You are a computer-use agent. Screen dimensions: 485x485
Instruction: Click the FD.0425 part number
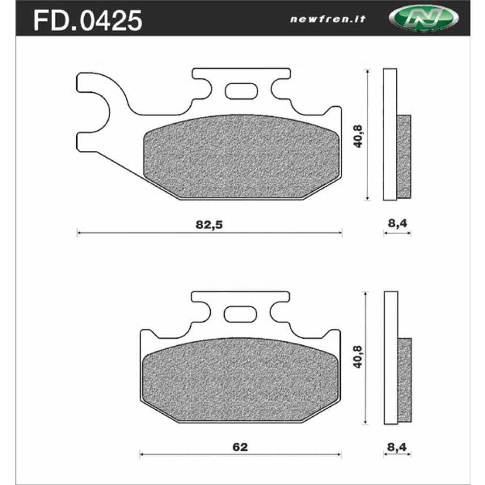(x=87, y=20)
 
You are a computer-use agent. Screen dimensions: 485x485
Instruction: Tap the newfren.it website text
(x=328, y=19)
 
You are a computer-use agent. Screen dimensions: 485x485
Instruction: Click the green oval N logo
(x=423, y=19)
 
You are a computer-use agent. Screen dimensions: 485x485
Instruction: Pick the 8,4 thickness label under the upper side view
(x=397, y=224)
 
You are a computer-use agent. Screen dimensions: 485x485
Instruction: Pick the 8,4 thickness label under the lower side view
(x=397, y=447)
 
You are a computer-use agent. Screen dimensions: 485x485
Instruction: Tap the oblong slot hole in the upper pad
(x=242, y=91)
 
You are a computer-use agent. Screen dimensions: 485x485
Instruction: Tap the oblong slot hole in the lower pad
(x=242, y=314)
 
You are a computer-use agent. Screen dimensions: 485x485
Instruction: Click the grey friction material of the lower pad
(x=241, y=378)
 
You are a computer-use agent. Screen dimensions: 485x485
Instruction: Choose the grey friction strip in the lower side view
(x=404, y=378)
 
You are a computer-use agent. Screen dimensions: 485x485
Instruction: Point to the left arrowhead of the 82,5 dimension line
(x=79, y=233)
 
